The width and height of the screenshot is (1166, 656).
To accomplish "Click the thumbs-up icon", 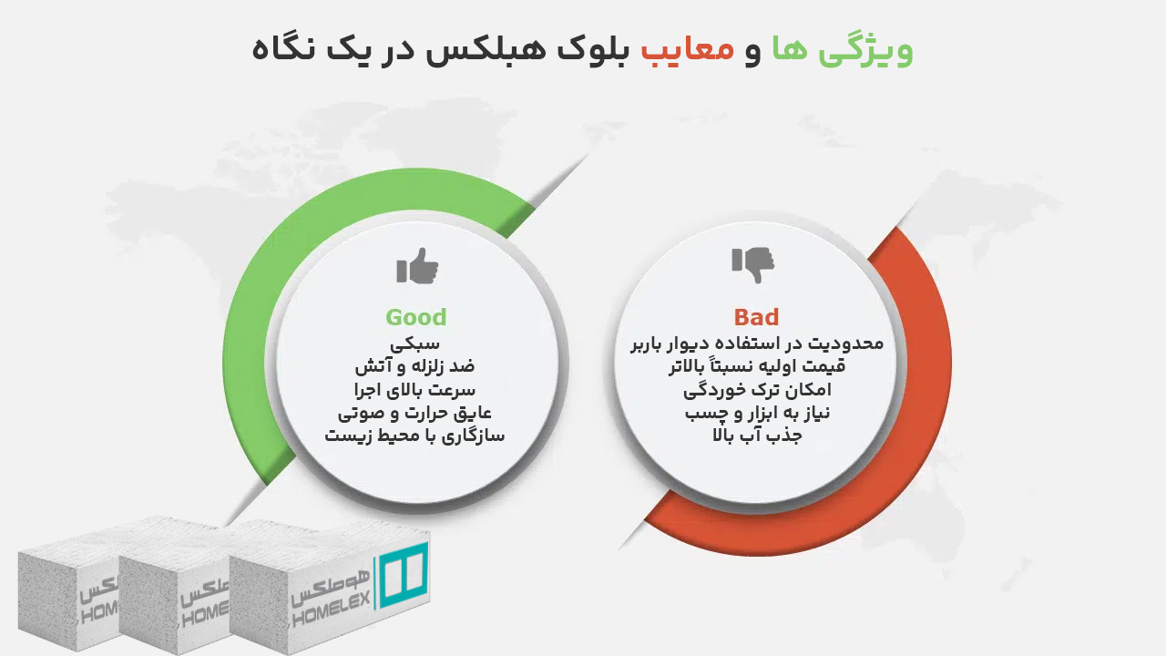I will tap(417, 266).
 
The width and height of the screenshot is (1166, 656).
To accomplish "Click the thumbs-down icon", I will tap(752, 264).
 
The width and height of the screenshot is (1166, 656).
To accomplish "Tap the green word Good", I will tap(415, 317).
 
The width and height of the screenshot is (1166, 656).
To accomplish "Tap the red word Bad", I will tap(756, 317).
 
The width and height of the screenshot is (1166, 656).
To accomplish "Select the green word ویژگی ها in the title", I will tap(843, 49).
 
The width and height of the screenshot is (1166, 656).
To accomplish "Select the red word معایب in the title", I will tap(688, 49).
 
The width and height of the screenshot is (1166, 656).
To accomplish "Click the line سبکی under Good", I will tap(415, 344).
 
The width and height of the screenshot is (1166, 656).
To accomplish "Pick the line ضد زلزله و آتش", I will tap(415, 367).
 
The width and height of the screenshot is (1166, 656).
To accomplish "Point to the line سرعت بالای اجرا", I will tap(415, 390).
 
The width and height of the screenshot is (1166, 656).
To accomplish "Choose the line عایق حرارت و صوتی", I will tap(415, 413).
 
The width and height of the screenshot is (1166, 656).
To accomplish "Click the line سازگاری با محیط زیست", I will tap(415, 436).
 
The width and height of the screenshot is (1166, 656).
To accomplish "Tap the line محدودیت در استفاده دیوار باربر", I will tap(756, 344).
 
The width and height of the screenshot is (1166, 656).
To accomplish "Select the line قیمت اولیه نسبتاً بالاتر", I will tap(756, 367).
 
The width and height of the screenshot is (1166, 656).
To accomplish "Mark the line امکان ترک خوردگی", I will tap(756, 390).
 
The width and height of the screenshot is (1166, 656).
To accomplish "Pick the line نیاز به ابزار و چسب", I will tap(756, 413).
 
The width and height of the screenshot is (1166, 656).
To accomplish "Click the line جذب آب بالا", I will tap(756, 436).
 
